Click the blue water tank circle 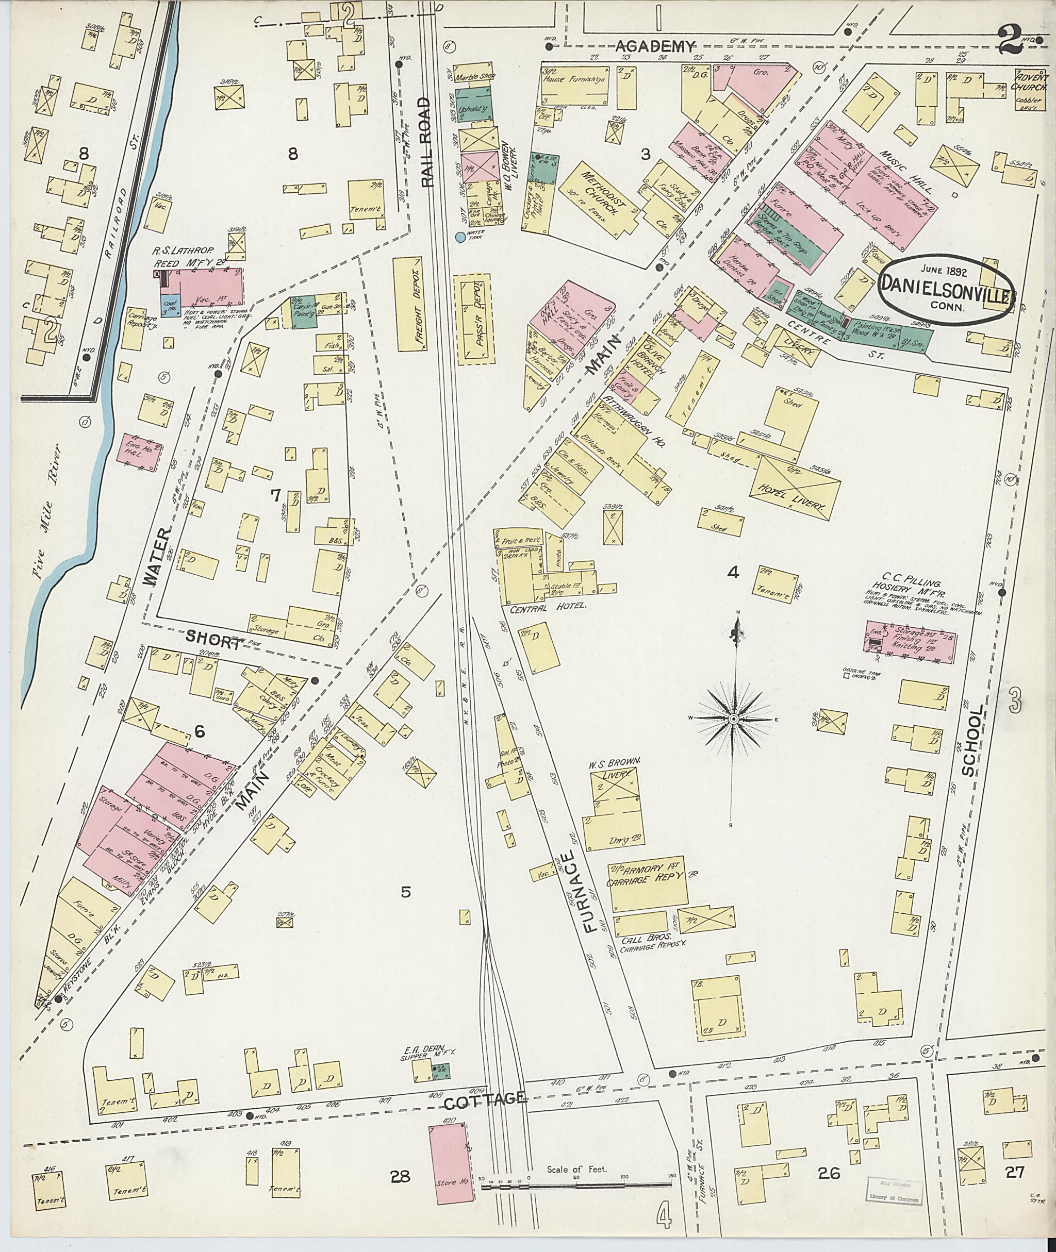(460, 237)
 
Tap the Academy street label (655, 45)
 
